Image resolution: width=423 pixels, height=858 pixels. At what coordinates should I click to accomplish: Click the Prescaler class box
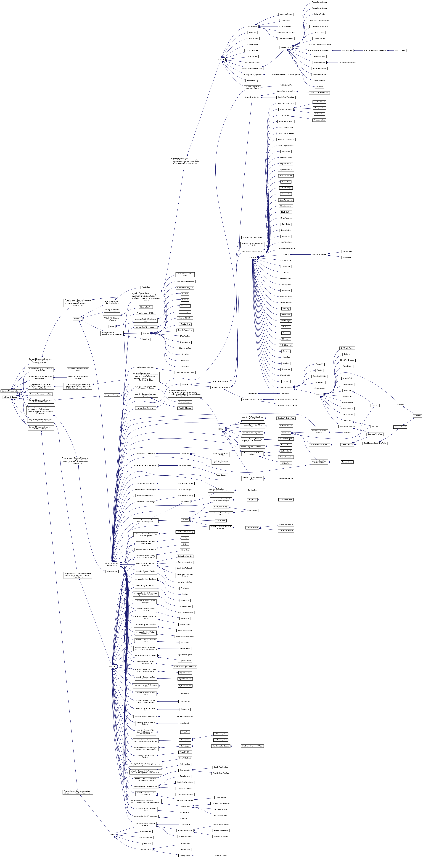click(x=319, y=87)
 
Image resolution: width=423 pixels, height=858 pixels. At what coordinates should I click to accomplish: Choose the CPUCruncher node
click(x=319, y=32)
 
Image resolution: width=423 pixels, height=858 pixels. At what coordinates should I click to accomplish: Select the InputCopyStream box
click(x=286, y=14)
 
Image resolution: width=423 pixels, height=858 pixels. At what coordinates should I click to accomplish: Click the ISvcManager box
click(x=347, y=251)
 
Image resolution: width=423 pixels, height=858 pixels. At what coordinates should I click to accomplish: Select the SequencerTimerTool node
click(x=375, y=434)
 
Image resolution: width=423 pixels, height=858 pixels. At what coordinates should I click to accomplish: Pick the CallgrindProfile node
click(x=319, y=14)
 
